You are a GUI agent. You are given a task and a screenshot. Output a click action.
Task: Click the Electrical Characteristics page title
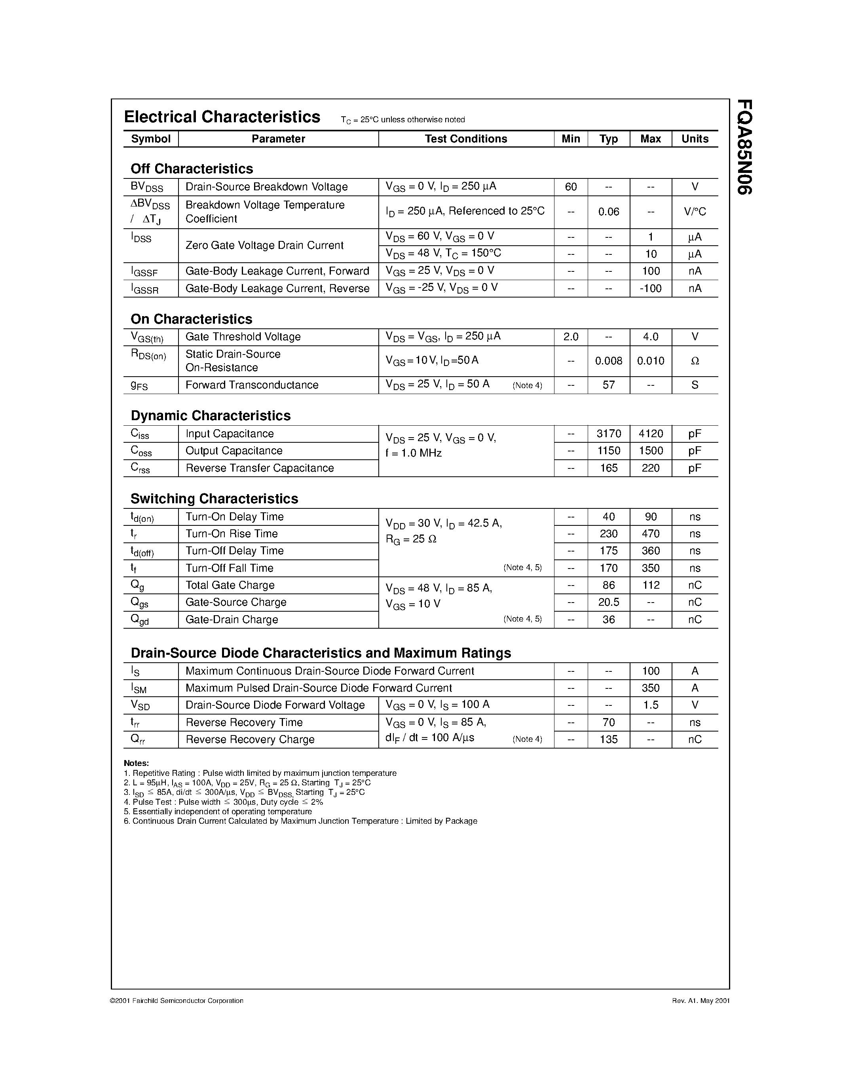tap(222, 117)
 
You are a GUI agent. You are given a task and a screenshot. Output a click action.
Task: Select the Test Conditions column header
tap(465, 139)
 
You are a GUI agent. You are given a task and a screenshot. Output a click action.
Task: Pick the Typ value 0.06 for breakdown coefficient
tap(608, 212)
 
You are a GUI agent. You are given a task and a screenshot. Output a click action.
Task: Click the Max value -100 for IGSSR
tap(650, 288)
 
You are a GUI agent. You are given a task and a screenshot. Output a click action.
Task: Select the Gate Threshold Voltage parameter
tap(243, 337)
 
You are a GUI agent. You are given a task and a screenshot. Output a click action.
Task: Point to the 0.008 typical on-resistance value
tap(608, 361)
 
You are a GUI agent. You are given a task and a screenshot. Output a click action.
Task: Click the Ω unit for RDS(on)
tap(695, 361)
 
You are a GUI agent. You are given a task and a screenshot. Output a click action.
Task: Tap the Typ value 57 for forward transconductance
tap(608, 385)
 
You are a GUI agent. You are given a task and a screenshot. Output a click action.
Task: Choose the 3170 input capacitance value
tap(608, 434)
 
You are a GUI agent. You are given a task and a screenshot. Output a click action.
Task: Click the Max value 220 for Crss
tap(650, 468)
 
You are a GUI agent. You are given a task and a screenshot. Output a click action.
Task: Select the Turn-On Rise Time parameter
tap(231, 534)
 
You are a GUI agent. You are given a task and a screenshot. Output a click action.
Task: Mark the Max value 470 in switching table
tap(650, 534)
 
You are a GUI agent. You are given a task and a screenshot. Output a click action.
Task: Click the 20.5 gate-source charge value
tap(608, 602)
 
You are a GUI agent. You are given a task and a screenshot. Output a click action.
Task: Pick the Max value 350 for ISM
tap(650, 688)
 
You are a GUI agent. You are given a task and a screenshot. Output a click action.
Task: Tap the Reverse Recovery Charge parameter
tap(250, 740)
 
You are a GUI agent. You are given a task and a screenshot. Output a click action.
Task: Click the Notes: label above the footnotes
tap(136, 763)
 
